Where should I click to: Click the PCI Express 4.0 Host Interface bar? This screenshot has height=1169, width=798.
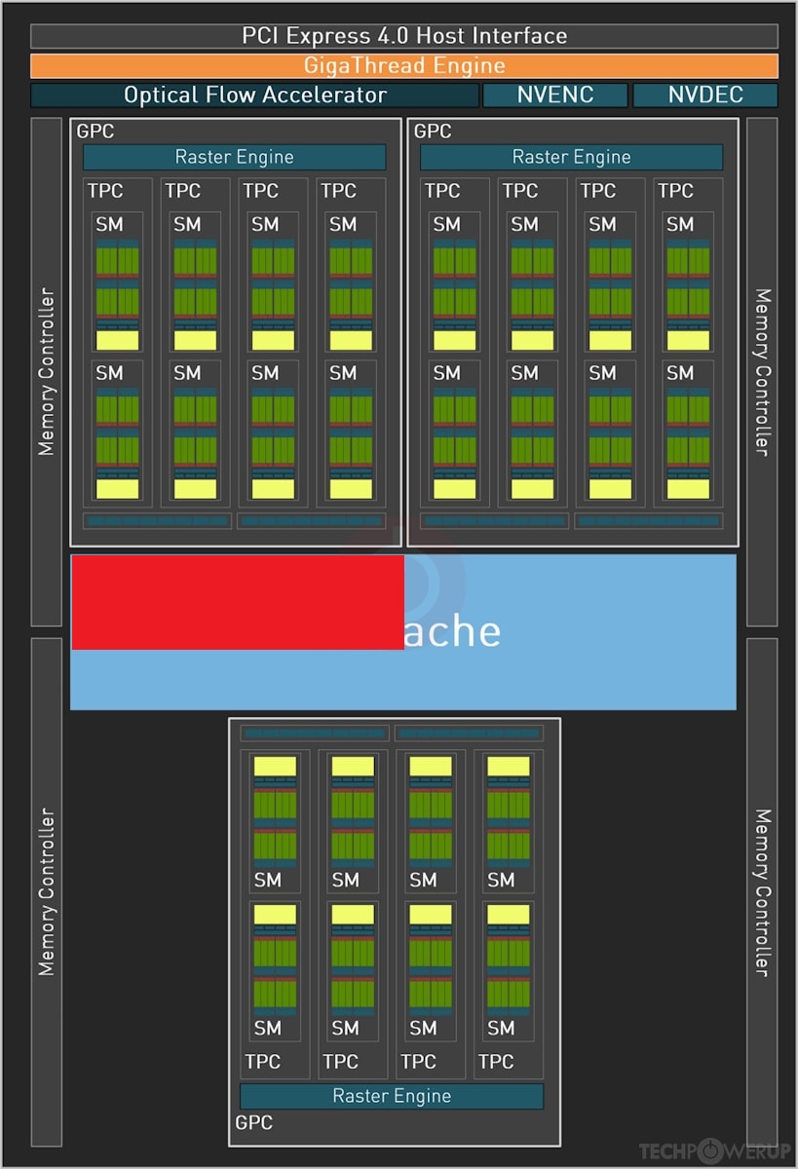pos(403,36)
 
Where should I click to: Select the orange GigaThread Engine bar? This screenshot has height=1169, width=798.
pos(403,66)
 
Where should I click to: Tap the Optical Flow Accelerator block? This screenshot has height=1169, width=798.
pos(254,95)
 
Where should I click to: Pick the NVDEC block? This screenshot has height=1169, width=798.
pos(705,95)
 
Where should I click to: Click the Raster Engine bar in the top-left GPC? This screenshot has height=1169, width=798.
pos(234,157)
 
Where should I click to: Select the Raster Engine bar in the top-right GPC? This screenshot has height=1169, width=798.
pos(571,157)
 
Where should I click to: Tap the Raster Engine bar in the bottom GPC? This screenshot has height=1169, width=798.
pos(392,1096)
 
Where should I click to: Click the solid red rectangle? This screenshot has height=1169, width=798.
pos(238,601)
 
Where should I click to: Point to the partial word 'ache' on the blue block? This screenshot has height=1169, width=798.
pos(453,631)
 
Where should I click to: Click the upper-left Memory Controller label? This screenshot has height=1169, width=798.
pos(46,371)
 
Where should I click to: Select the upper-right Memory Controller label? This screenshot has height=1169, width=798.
pos(762,371)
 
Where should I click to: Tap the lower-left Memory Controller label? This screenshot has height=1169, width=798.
pos(46,891)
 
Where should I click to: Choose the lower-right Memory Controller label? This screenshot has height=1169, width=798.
pos(762,891)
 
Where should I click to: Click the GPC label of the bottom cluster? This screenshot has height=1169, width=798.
pos(253,1122)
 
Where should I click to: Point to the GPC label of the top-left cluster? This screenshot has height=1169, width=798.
pos(95,131)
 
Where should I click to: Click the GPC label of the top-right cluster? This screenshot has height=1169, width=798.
pos(432,131)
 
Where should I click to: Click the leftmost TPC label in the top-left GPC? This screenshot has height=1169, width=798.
pos(105,191)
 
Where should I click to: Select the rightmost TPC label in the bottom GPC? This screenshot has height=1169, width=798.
pos(496,1061)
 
